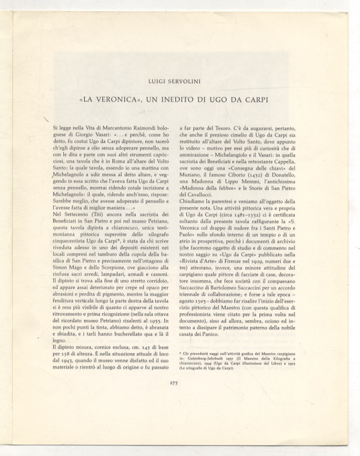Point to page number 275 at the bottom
pos(174,382)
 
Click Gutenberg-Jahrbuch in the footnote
pos(208,359)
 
